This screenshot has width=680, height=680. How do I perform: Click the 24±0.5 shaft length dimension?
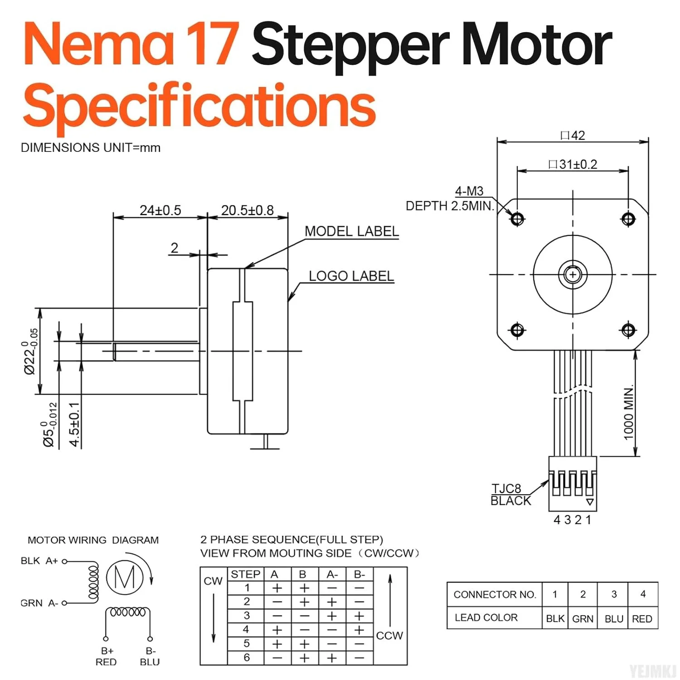(x=160, y=210)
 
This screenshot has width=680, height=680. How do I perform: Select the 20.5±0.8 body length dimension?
(x=247, y=210)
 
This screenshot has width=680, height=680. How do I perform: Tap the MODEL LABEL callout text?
(x=351, y=231)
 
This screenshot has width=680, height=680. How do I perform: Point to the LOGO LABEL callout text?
(x=351, y=276)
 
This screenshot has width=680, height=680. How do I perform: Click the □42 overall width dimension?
(x=573, y=136)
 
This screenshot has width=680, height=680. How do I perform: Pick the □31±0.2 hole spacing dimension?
(x=573, y=164)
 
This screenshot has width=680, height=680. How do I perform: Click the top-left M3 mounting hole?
(x=517, y=219)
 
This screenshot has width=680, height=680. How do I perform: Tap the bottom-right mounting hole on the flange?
(x=628, y=330)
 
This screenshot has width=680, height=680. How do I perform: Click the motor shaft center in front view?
(x=573, y=275)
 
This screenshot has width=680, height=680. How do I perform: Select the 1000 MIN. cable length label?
(x=628, y=413)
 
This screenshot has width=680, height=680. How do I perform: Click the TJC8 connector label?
(x=506, y=489)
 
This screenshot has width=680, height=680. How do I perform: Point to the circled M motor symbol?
(x=125, y=577)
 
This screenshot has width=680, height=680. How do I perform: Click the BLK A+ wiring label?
(x=39, y=561)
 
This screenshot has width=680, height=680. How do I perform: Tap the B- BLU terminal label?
(x=150, y=656)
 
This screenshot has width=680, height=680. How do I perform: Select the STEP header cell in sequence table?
(x=245, y=574)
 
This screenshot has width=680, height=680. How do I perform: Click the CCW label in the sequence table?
(x=389, y=636)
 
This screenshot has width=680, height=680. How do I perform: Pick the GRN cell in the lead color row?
(x=583, y=619)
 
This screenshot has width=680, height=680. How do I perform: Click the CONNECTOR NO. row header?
(x=495, y=594)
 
